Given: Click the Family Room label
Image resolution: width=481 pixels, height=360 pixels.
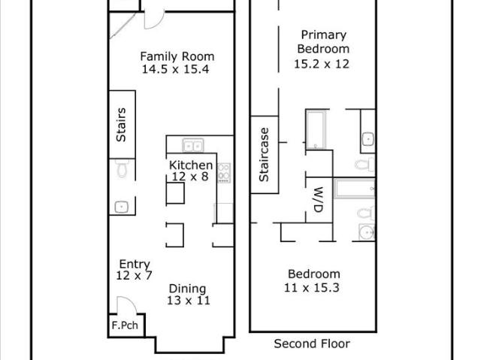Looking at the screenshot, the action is click(177, 56).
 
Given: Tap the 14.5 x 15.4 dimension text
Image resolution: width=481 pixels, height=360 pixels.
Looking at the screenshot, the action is click(175, 69).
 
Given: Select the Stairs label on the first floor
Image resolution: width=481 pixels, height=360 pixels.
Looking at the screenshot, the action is click(121, 125).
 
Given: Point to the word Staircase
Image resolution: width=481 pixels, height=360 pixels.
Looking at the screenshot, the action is click(264, 155).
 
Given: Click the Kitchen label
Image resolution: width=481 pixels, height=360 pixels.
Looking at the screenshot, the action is click(190, 165).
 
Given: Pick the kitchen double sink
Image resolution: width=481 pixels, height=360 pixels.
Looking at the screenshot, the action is click(193, 145).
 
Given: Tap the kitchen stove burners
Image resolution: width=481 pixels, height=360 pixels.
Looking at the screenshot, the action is click(224, 173).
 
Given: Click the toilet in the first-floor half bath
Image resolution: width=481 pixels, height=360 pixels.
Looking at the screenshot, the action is click(122, 169).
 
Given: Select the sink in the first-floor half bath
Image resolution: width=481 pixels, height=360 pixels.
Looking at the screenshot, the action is click(122, 207).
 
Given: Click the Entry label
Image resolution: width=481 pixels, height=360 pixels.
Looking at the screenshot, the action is click(135, 264).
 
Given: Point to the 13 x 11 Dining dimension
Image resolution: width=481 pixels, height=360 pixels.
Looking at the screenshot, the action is click(189, 301).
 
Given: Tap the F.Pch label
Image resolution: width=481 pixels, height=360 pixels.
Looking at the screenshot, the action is click(125, 325).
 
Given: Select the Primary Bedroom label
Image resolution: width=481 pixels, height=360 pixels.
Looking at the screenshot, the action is click(323, 41).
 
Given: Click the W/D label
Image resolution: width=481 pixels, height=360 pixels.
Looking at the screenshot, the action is click(319, 200).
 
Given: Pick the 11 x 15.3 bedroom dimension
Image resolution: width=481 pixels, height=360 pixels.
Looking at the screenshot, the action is click(312, 288).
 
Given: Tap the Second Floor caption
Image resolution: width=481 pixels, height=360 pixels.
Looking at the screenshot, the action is click(312, 343).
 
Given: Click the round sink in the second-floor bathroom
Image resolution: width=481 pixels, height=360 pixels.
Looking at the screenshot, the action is click(367, 232).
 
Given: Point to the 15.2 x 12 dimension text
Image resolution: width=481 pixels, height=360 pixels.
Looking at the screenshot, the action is click(322, 64).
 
